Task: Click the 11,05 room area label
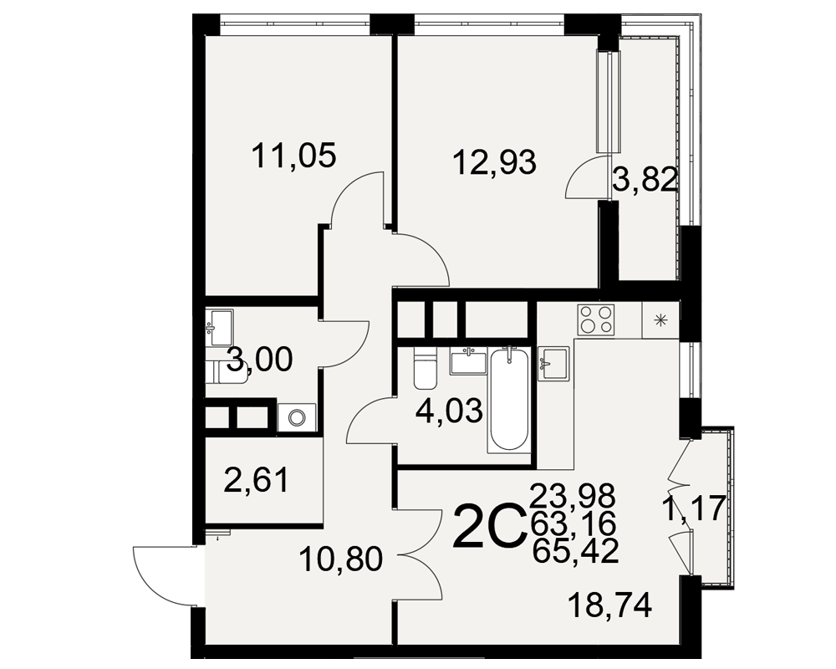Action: coord(293,156)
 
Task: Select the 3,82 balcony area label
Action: coord(645,180)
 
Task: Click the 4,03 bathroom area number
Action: coord(450,411)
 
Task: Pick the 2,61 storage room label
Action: coord(257,480)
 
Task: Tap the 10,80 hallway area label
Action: coord(341,559)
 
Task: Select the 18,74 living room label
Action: coord(610,605)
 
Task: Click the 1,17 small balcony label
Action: coord(693,508)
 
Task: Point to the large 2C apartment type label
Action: coord(487,525)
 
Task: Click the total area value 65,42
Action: coord(575,550)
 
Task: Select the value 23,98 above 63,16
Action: coord(573,496)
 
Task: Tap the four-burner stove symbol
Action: coord(596,319)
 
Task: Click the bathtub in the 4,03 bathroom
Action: coord(510,400)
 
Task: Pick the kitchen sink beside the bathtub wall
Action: coord(553,363)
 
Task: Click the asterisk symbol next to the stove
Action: coord(660,320)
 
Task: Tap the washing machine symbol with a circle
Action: coord(297,417)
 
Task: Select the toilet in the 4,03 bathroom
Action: coord(425,368)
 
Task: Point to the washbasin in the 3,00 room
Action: coord(219,327)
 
